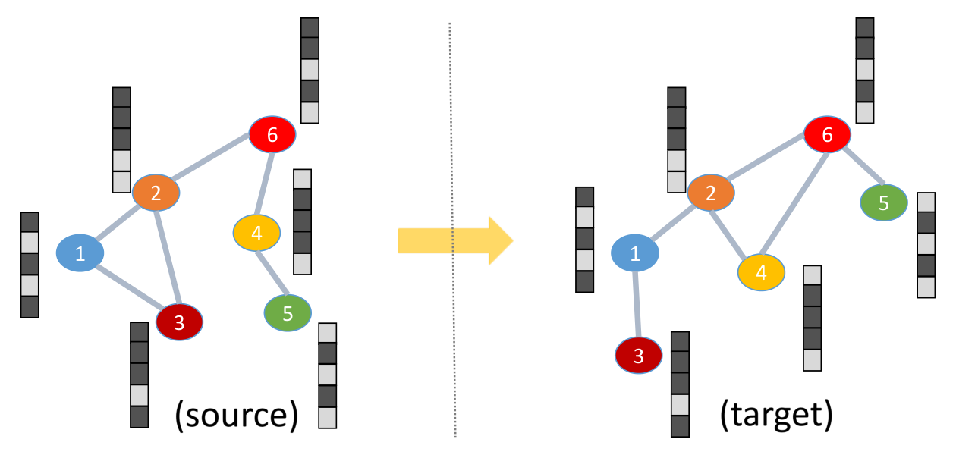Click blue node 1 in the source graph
[80, 253]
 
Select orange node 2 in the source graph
[156, 193]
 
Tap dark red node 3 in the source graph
[179, 322]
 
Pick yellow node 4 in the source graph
[256, 233]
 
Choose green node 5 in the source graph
[288, 313]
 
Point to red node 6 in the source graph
[272, 134]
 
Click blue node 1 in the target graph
[635, 253]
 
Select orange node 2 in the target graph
[711, 193]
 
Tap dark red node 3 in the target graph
[639, 355]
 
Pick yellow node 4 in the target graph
[762, 272]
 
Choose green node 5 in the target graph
[884, 202]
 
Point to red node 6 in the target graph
[827, 134]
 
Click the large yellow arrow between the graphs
[455, 241]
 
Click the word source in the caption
[237, 415]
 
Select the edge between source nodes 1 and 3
[131, 287]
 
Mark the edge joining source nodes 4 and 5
[272, 273]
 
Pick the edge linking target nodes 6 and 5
[863, 165]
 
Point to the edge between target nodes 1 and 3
[637, 304]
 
